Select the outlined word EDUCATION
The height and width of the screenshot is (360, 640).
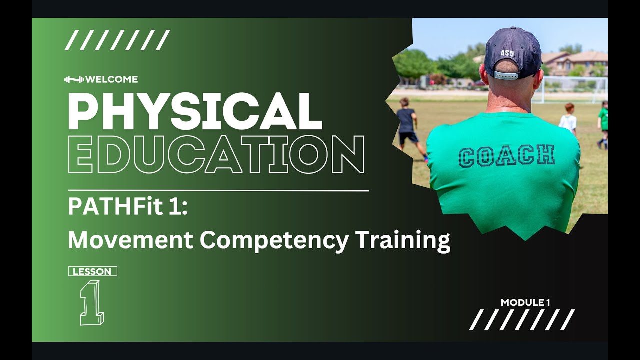216,154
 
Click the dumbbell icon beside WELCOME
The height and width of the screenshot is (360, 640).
74,79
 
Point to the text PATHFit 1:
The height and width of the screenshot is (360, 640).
127,207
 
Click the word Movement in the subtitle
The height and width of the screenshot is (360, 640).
130,240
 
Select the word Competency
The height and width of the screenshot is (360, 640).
274,240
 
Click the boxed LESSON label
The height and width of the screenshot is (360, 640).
92,272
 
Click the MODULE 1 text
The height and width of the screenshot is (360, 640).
525,302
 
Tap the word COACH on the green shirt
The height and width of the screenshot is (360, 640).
507,156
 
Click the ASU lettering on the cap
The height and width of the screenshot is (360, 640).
507,52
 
